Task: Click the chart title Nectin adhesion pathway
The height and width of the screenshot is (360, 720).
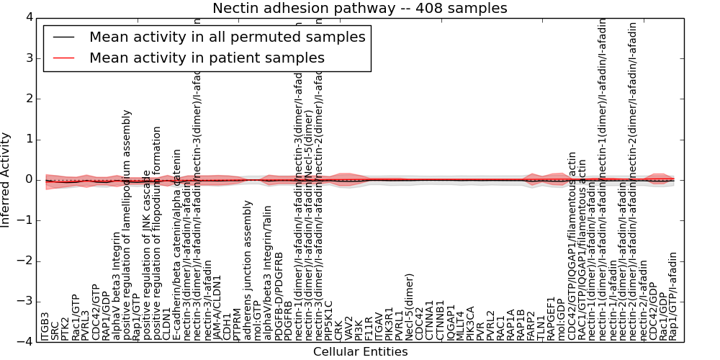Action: click(x=359, y=9)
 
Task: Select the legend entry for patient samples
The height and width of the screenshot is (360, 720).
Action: click(x=207, y=58)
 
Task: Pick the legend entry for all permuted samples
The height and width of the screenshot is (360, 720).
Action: click(x=227, y=37)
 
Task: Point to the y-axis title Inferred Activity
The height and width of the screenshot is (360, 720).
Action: click(x=6, y=179)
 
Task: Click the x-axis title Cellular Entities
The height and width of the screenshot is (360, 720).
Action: click(x=360, y=352)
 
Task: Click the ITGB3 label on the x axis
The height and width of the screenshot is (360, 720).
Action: click(x=45, y=326)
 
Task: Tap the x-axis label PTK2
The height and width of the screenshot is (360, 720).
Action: click(x=66, y=328)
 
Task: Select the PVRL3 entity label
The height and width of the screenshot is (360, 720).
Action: click(x=86, y=325)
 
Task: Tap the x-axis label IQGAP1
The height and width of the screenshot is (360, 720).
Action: click(x=451, y=321)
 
